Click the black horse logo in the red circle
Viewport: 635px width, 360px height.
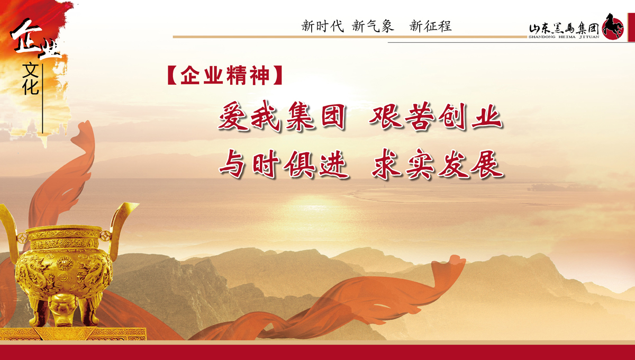pos(613,26)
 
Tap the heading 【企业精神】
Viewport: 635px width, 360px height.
pos(225,75)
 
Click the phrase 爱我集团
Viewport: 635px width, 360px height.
pos(283,116)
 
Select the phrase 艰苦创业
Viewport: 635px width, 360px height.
pos(436,116)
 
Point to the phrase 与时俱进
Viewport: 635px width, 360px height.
pos(284,164)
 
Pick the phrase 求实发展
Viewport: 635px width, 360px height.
pos(438,164)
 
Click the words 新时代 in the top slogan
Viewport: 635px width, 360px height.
pos(322,26)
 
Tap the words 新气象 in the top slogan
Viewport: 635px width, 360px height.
pos(373,26)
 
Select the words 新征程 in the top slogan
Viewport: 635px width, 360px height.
pos(430,26)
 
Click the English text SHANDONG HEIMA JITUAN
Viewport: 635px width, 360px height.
pos(564,37)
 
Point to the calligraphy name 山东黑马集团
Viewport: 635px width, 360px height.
pos(564,29)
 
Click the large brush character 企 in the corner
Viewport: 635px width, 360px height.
pos(26,35)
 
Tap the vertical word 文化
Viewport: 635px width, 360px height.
pos(31,79)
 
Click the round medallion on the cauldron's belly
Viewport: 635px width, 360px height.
pos(65,263)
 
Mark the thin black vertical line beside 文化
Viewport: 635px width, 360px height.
pos(42,98)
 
